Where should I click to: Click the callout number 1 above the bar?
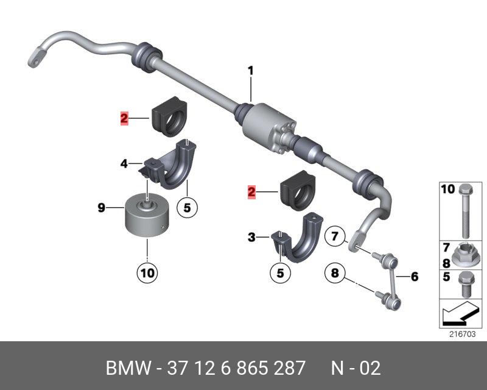pyautogui.click(x=250, y=71)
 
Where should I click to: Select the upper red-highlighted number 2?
pyautogui.click(x=124, y=119)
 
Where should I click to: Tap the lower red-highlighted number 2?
pyautogui.click(x=251, y=193)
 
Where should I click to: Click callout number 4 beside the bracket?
pyautogui.click(x=124, y=163)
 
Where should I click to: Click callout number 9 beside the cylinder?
pyautogui.click(x=102, y=208)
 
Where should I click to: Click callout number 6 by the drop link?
pyautogui.click(x=415, y=277)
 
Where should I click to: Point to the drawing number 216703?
pyautogui.click(x=462, y=334)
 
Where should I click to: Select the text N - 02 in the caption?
pyautogui.click(x=356, y=368)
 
